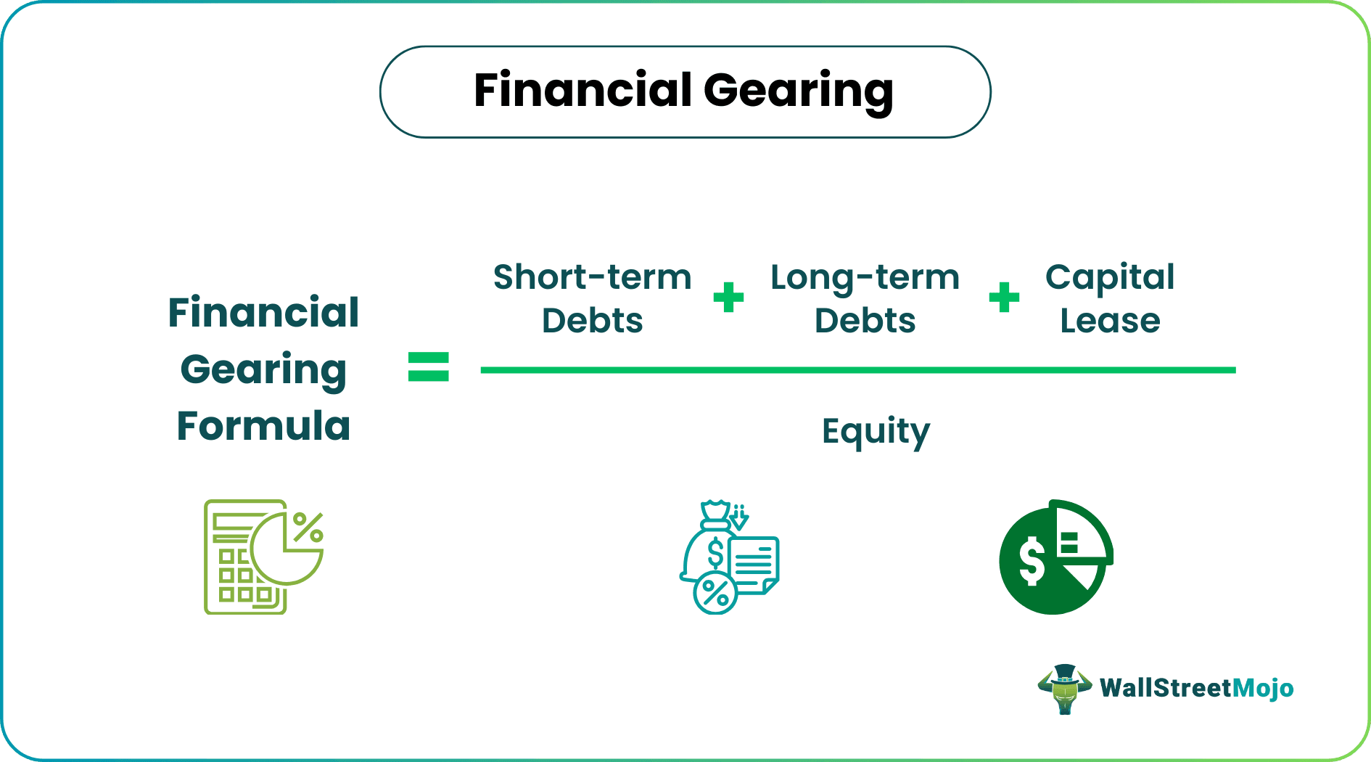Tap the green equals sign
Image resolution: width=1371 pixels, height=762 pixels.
(x=429, y=366)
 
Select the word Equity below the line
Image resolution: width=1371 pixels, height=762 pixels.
(x=876, y=433)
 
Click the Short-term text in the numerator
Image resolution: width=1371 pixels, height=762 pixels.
(x=592, y=277)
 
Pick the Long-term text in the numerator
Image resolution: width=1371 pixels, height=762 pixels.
(x=865, y=277)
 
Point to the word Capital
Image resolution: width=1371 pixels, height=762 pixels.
(x=1109, y=277)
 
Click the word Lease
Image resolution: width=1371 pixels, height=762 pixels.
(x=1109, y=321)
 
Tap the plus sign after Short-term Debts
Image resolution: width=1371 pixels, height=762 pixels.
(x=728, y=298)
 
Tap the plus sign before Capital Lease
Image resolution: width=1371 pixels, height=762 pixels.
(x=1004, y=298)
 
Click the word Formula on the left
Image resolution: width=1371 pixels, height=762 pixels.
(x=263, y=426)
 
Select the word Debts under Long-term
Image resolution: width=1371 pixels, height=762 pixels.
(x=865, y=321)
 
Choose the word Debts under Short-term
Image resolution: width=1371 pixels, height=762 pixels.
(x=592, y=321)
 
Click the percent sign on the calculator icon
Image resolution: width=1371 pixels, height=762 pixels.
(x=308, y=527)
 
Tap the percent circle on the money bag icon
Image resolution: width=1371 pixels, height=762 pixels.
(x=715, y=594)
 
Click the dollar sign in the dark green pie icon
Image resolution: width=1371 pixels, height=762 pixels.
(x=1031, y=562)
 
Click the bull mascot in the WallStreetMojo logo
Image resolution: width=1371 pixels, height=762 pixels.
(x=1064, y=689)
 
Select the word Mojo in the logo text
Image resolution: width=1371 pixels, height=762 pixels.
(x=1263, y=688)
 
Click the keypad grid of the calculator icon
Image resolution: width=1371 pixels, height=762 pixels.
(x=243, y=576)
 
